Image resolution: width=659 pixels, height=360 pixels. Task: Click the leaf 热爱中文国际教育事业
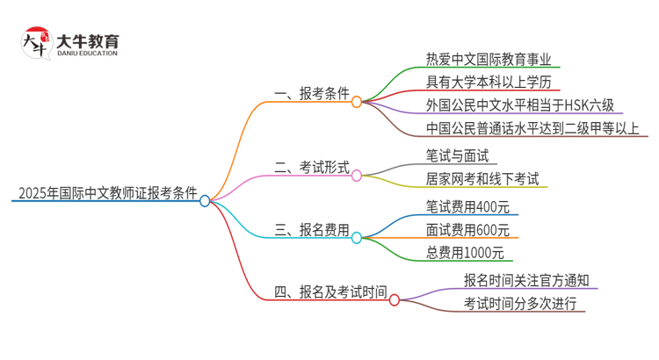tap(479, 61)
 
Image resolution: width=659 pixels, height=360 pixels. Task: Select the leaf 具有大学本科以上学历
tap(479, 83)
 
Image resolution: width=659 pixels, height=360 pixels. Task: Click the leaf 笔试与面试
tap(455, 156)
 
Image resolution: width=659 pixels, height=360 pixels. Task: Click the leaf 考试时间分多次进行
tap(520, 304)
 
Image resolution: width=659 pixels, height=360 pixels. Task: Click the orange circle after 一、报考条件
tap(357, 102)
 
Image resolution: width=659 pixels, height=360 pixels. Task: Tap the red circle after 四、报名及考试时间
tap(395, 300)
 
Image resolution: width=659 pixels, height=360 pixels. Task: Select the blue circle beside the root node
tap(205, 201)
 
